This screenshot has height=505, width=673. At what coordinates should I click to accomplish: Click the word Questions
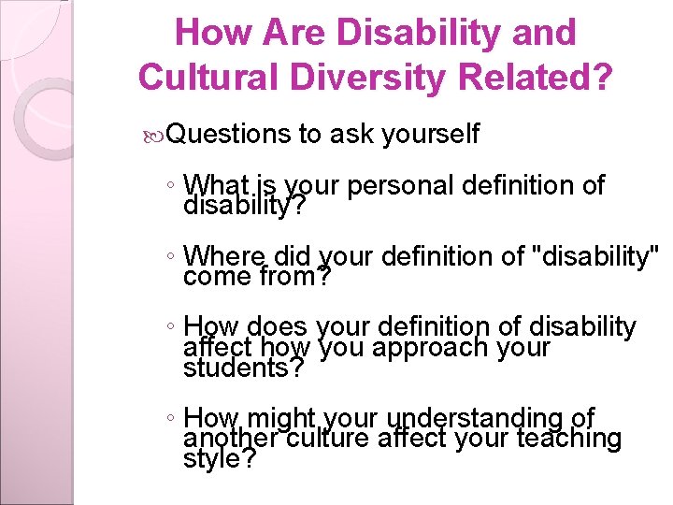(230, 135)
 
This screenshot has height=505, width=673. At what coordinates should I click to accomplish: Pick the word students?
(244, 368)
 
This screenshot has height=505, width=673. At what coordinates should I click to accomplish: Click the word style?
(221, 458)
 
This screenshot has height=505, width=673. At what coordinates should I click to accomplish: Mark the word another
(230, 438)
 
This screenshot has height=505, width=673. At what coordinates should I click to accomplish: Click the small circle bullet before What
(172, 185)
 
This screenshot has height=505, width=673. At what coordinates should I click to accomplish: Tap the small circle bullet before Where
(172, 255)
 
